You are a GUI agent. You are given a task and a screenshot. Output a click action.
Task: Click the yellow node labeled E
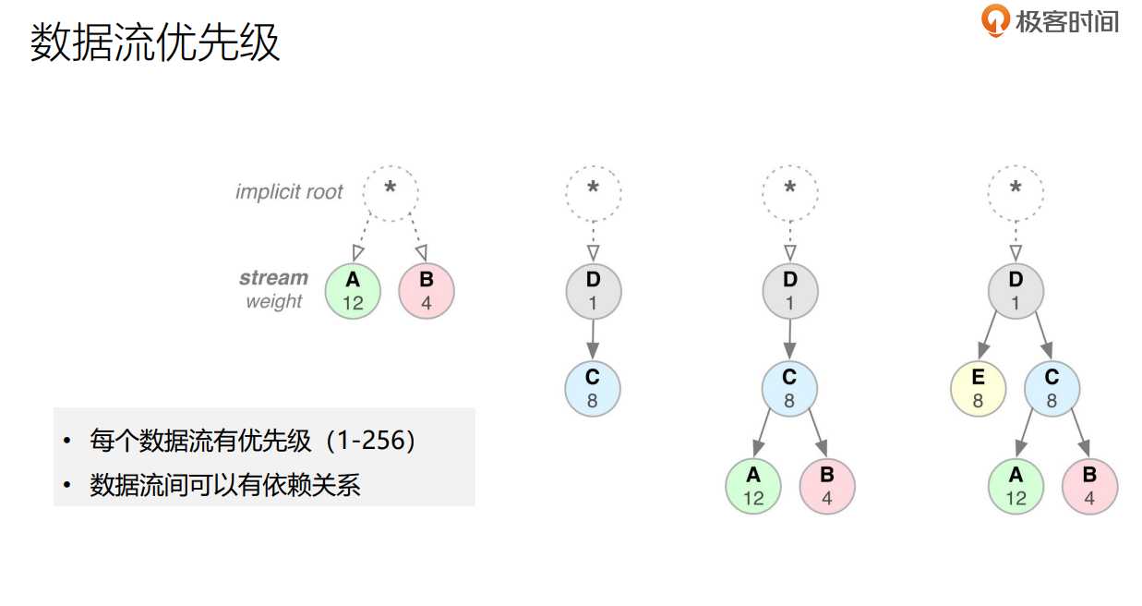click(979, 389)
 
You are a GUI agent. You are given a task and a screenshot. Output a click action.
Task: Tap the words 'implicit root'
click(289, 192)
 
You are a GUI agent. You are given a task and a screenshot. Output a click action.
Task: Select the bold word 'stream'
click(273, 278)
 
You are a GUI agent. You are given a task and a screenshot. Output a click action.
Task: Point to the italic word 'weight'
click(273, 302)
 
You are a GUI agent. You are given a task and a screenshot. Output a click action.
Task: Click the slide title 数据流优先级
click(155, 43)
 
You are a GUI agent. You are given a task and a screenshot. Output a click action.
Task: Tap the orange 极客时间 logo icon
click(994, 20)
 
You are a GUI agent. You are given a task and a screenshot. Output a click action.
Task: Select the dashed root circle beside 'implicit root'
click(390, 192)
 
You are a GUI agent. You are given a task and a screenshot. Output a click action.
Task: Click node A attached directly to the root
click(353, 292)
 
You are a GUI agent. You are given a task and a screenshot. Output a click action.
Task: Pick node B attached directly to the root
click(427, 292)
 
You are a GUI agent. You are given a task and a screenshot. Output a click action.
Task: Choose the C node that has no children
click(593, 389)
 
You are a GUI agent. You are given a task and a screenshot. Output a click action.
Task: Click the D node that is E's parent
click(1016, 292)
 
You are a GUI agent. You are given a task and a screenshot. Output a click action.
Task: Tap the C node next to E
click(1052, 389)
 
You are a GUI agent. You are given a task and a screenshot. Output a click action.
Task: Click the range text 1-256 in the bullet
click(371, 441)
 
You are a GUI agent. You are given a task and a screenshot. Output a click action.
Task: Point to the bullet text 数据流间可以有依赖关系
click(224, 485)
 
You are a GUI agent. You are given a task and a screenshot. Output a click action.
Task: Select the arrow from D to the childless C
click(593, 340)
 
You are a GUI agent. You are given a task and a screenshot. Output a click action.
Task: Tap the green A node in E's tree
click(1016, 486)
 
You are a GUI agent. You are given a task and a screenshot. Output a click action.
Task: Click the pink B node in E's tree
click(1089, 486)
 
